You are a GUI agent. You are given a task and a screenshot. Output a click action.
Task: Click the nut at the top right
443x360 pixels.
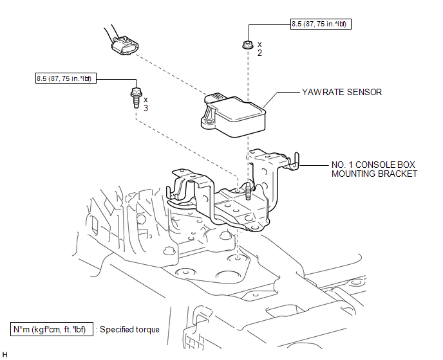coord(248,44)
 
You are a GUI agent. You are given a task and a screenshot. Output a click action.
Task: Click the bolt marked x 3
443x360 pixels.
coord(136,97)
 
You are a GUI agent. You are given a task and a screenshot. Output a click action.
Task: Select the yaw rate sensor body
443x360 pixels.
coord(233,115)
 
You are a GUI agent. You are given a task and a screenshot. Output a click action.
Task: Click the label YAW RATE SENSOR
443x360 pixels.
coord(342,93)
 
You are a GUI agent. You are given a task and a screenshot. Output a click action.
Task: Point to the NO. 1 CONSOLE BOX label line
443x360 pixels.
coord(373,165)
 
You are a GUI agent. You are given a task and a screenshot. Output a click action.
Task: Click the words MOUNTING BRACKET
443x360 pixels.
coord(374,174)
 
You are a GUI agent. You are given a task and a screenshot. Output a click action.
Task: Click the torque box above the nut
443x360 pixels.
coord(321,24)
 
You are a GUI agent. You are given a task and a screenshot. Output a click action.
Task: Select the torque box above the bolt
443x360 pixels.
coord(66,78)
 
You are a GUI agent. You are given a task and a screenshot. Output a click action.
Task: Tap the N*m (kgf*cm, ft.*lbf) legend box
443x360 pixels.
coord(52,329)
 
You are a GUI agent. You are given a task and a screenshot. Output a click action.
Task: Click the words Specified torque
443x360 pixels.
coord(129,330)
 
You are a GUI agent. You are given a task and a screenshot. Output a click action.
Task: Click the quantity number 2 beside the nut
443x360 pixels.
coord(259,53)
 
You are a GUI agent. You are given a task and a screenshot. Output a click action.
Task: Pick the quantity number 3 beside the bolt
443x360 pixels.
coord(146,109)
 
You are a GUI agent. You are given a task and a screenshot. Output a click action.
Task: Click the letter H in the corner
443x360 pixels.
coord(5,355)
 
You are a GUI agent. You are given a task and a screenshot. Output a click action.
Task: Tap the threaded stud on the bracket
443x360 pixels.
coord(248,191)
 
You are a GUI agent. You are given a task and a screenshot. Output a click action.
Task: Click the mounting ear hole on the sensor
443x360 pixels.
coord(209,122)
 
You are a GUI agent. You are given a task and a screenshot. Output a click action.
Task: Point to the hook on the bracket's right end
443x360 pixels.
coord(295,161)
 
